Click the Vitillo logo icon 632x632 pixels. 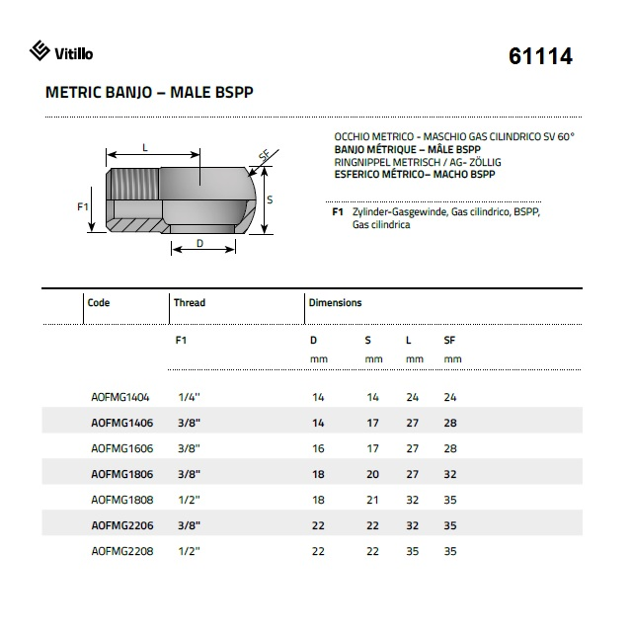click(39, 51)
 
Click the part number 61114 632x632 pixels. click(540, 56)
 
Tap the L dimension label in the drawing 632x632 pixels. click(145, 147)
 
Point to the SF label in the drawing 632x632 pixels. click(264, 156)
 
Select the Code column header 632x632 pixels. click(99, 303)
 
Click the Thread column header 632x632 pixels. click(189, 303)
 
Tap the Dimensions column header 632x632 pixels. click(335, 303)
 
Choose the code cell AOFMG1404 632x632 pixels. click(119, 397)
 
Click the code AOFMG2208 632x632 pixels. click(119, 551)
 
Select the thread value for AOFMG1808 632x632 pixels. click(185, 500)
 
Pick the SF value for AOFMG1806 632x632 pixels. click(451, 474)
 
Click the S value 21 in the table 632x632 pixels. click(372, 500)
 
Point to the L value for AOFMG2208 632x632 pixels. click(412, 551)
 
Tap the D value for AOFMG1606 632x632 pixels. click(317, 448)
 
